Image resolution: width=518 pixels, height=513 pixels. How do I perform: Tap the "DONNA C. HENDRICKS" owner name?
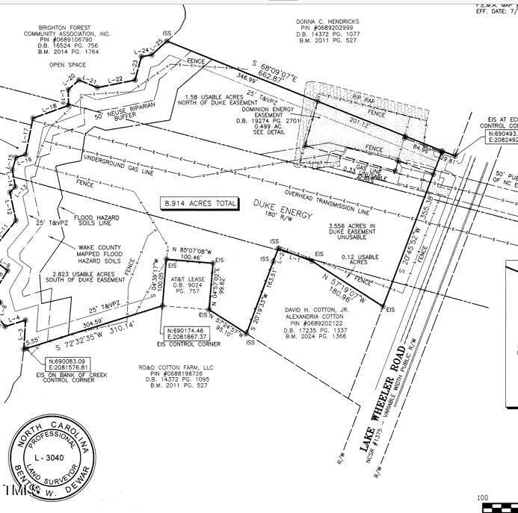(x=327, y=22)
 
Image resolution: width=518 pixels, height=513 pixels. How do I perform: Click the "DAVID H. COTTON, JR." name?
(x=317, y=309)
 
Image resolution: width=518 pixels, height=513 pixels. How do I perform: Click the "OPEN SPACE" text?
(x=68, y=65)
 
